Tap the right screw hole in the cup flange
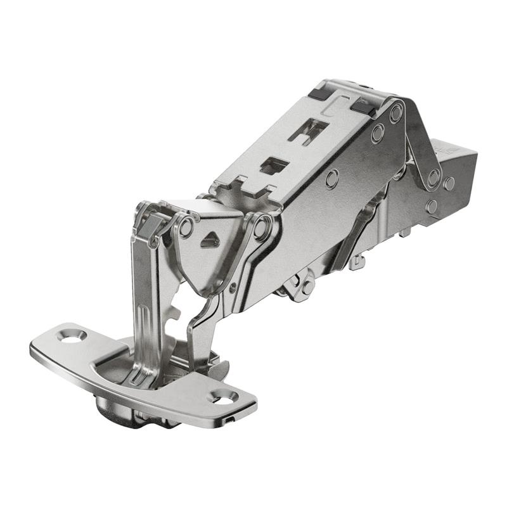pyautogui.click(x=223, y=397)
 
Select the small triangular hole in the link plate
pyautogui.click(x=209, y=241)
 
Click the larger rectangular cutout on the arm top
pyautogui.click(x=308, y=130)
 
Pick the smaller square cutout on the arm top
pyautogui.click(x=274, y=165)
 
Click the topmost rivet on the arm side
pyautogui.click(x=396, y=113)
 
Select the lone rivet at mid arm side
pyautogui.click(x=331, y=179)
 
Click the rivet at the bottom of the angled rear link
pyautogui.click(x=432, y=206)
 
